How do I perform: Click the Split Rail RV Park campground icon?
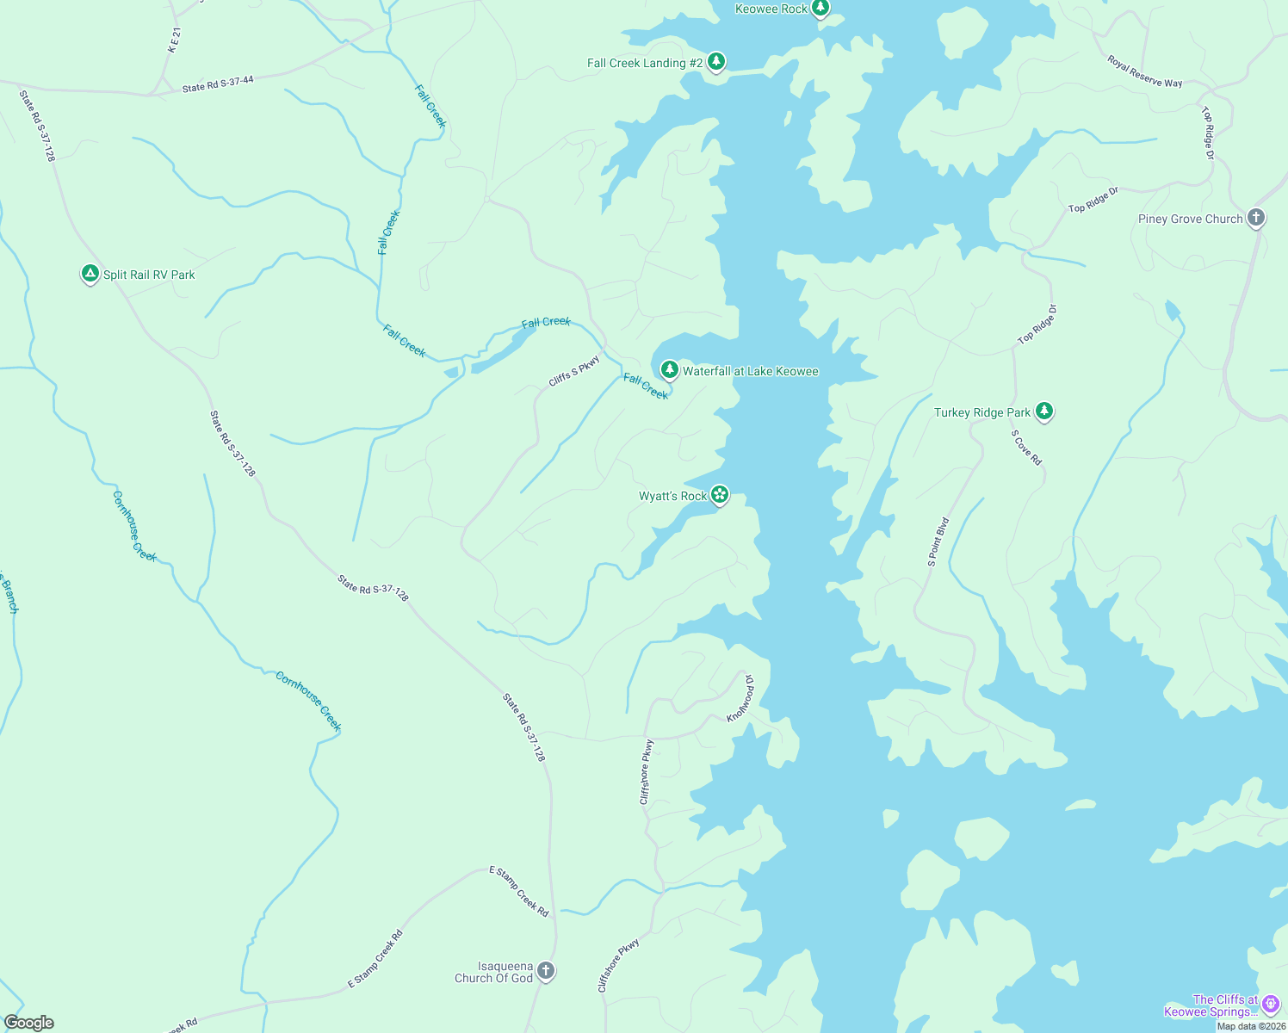(x=90, y=275)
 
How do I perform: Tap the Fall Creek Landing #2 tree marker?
(x=715, y=62)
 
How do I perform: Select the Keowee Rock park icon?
(x=820, y=9)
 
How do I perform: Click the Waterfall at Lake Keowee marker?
(x=669, y=370)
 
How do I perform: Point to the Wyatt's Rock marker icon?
(x=720, y=495)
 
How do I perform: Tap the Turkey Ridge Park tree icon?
(x=1043, y=411)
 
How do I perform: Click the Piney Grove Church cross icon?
(x=1256, y=218)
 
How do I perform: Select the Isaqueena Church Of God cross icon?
(x=545, y=972)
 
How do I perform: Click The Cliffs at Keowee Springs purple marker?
(x=1271, y=1005)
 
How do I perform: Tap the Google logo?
(x=29, y=1023)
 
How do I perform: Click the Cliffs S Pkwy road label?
(x=574, y=372)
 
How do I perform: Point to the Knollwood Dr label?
(x=740, y=698)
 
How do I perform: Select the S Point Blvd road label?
(x=938, y=541)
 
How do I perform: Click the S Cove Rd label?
(x=1026, y=448)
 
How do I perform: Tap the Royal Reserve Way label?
(x=1144, y=71)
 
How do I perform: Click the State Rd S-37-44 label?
(x=218, y=84)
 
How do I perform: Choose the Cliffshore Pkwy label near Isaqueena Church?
(x=619, y=966)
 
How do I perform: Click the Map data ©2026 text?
(x=1251, y=1026)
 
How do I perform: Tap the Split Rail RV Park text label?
(x=149, y=275)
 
